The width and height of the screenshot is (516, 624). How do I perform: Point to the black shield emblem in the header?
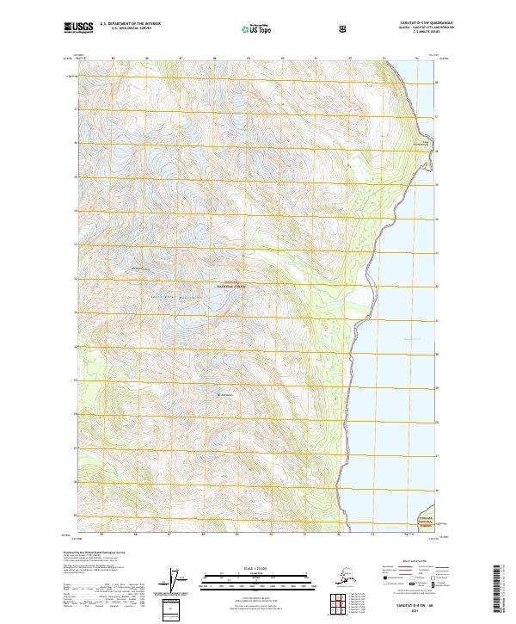344,29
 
